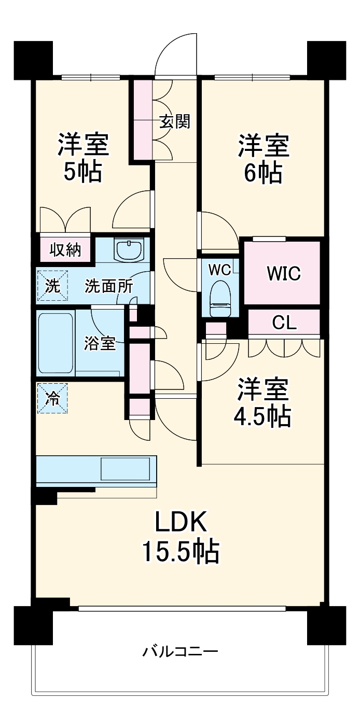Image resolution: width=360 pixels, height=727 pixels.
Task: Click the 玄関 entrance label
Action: point(175,122)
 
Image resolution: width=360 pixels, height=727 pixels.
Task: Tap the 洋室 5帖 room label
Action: point(83,158)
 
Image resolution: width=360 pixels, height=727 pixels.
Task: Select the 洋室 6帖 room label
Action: point(263,159)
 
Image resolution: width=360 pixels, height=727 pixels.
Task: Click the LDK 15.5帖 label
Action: point(181,537)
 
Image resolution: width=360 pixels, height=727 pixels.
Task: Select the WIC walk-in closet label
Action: point(284,273)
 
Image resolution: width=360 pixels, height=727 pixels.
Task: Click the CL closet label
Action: point(285,323)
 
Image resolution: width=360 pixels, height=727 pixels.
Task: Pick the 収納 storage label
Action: point(65,250)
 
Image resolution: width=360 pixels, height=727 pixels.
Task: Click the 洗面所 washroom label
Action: point(108,286)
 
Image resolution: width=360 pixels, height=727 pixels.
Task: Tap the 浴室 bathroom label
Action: point(101,343)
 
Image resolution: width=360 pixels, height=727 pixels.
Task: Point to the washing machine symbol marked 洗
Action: point(52,286)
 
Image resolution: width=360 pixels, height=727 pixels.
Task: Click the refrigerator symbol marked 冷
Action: point(52,398)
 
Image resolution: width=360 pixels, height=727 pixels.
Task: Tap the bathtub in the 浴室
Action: point(54,343)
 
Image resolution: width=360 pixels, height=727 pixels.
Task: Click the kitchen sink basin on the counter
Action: point(126,469)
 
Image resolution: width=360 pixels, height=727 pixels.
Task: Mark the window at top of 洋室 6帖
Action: point(252,78)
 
